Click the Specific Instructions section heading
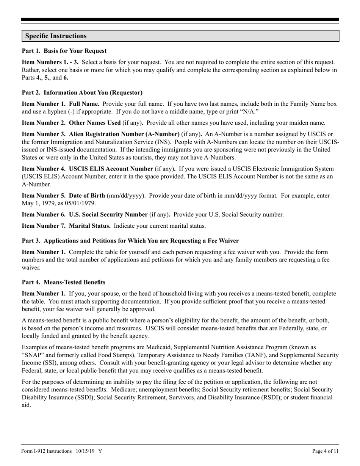56,36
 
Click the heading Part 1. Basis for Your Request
64,51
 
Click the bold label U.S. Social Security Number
108,214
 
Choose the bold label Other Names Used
95,123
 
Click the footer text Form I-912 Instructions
47,451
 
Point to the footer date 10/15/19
85,451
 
